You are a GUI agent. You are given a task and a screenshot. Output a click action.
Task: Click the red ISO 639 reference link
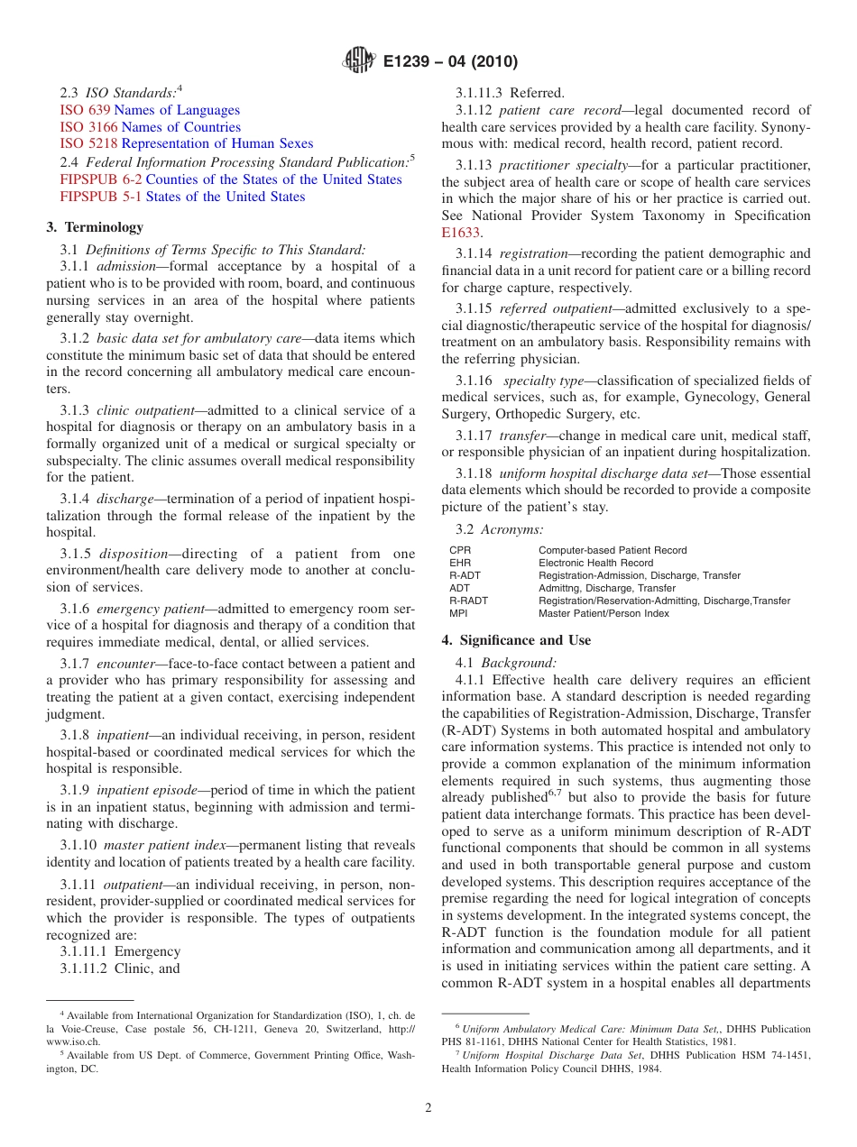tap(84, 110)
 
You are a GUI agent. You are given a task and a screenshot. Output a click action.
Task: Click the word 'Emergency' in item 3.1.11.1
tap(147, 951)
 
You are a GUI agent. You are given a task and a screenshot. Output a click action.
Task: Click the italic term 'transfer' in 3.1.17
tap(523, 435)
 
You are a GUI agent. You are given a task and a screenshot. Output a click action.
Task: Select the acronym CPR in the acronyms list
tap(459, 550)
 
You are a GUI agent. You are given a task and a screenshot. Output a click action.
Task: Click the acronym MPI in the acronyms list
tap(458, 613)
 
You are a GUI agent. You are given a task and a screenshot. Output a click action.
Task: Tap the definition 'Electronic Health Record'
tap(595, 563)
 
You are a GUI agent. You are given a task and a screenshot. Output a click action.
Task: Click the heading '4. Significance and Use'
tap(516, 640)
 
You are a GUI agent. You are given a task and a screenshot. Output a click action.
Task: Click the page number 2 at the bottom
tap(428, 1107)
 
